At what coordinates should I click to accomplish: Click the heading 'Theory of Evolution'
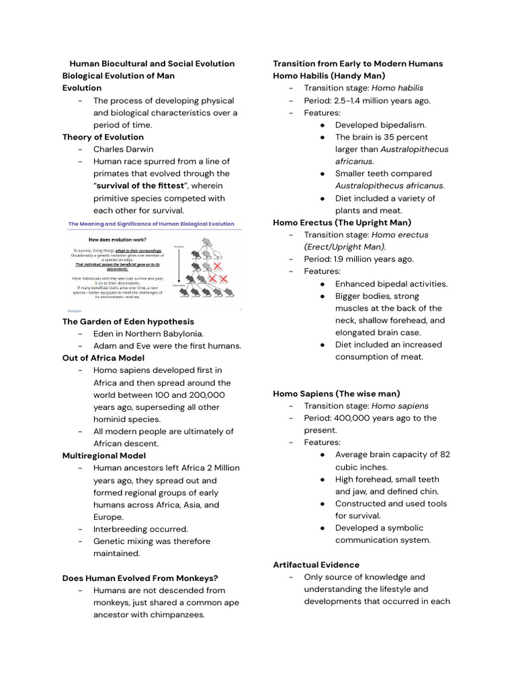[x=103, y=137]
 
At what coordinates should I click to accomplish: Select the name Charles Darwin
[x=123, y=149]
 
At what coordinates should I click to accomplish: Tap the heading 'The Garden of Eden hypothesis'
[x=128, y=321]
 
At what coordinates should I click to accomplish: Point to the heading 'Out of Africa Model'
[x=103, y=358]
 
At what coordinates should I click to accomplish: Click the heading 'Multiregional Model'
[x=104, y=456]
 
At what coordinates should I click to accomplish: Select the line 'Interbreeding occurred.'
[x=140, y=529]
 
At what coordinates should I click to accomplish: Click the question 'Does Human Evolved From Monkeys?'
[x=140, y=578]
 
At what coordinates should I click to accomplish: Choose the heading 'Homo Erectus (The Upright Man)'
[x=342, y=222]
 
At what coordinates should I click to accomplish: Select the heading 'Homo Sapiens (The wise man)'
[x=336, y=393]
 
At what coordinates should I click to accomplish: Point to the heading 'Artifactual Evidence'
[x=316, y=565]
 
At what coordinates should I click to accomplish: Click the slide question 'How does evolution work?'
[x=119, y=239]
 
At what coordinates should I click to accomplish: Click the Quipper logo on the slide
[x=74, y=310]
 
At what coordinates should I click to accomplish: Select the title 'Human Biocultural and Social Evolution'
[x=153, y=64]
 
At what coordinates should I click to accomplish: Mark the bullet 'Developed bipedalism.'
[x=380, y=125]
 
